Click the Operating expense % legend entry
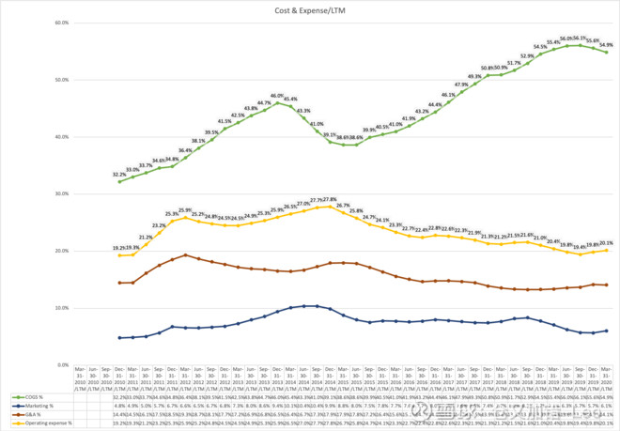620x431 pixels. coord(45,422)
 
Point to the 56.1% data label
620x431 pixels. coord(581,38)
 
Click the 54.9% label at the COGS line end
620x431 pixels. coord(606,45)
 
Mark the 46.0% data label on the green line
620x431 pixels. coord(277,96)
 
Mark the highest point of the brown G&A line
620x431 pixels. coord(185,254)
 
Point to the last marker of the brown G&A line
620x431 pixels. coord(606,285)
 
